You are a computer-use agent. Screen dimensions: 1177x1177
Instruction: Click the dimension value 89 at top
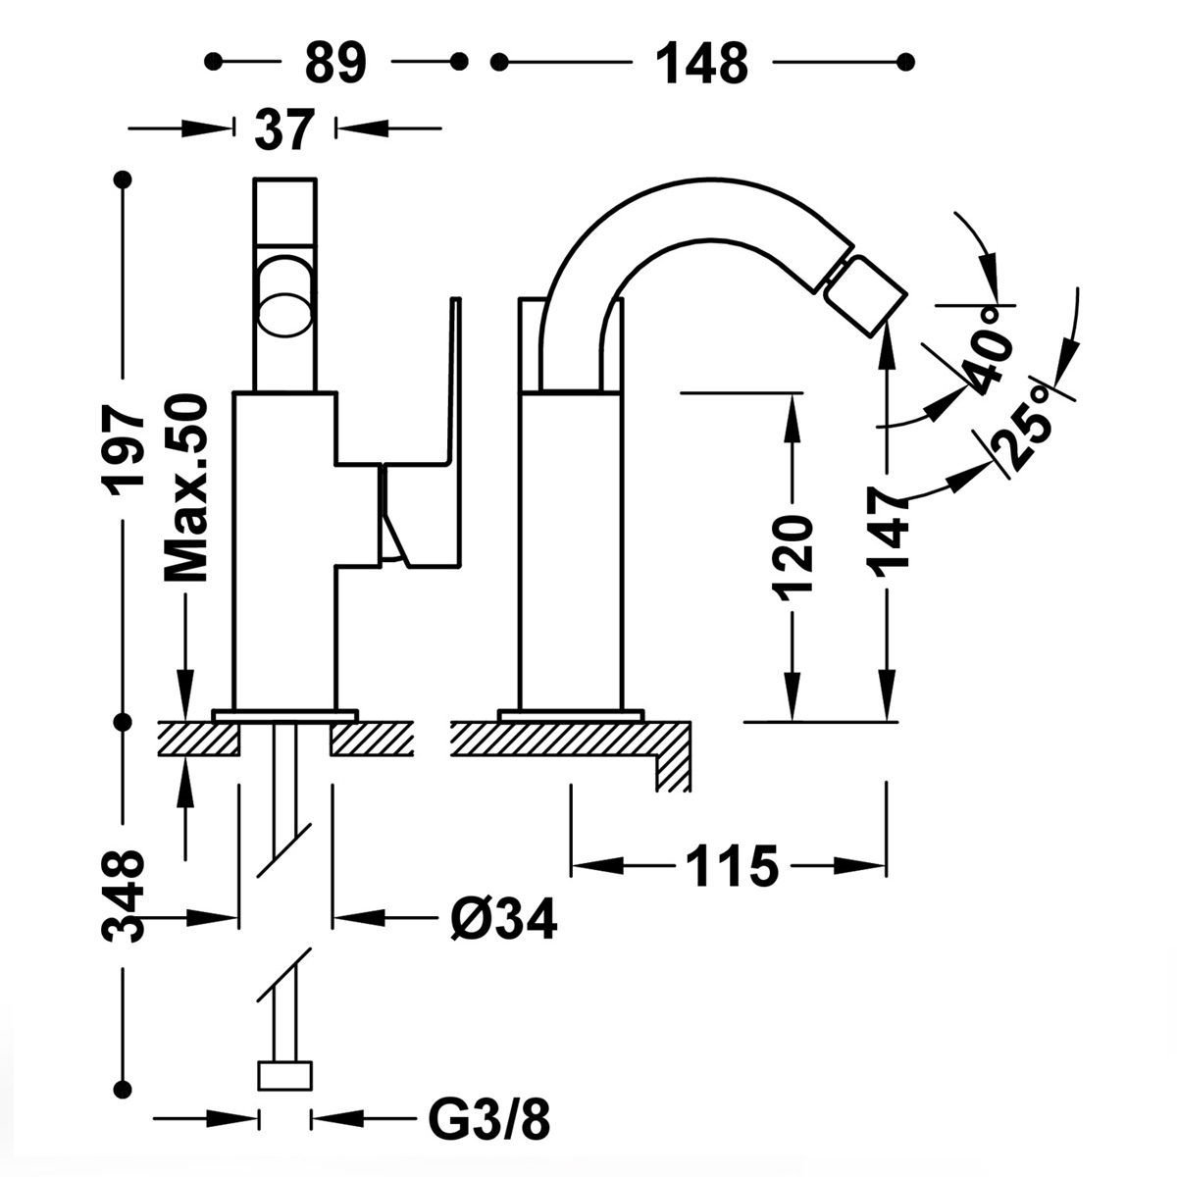pyautogui.click(x=334, y=63)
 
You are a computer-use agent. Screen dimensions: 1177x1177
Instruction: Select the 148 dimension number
pyautogui.click(x=701, y=63)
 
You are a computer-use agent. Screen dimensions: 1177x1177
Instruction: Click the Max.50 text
pyautogui.click(x=185, y=487)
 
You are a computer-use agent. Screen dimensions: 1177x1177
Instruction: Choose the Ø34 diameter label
pyautogui.click(x=503, y=919)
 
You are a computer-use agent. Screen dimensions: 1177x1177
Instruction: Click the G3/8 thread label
pyautogui.click(x=489, y=1117)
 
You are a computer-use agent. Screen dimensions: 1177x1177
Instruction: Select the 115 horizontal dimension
pyautogui.click(x=731, y=866)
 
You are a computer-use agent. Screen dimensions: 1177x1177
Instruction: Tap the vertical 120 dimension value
pyautogui.click(x=793, y=556)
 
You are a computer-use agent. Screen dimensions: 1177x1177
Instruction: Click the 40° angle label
pyautogui.click(x=986, y=358)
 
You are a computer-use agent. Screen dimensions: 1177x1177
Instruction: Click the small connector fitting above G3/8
pyautogui.click(x=284, y=1075)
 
